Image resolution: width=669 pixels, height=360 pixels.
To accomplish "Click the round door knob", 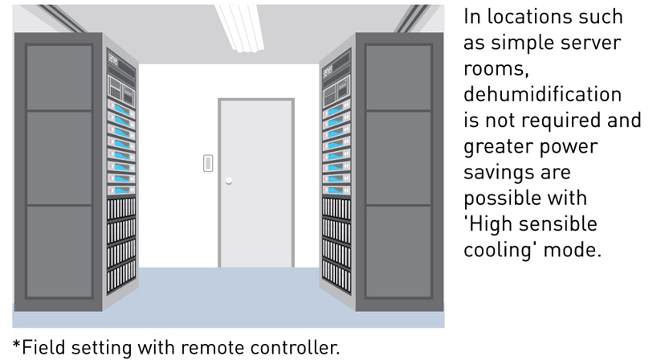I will click(x=229, y=181).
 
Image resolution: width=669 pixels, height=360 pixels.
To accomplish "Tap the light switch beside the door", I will click(x=208, y=164).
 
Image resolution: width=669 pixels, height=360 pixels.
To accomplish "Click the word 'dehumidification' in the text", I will click(x=542, y=95).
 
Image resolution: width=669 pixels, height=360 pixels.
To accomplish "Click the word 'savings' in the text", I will click(x=496, y=172).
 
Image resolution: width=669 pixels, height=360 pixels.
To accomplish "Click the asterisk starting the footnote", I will click(x=17, y=345).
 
